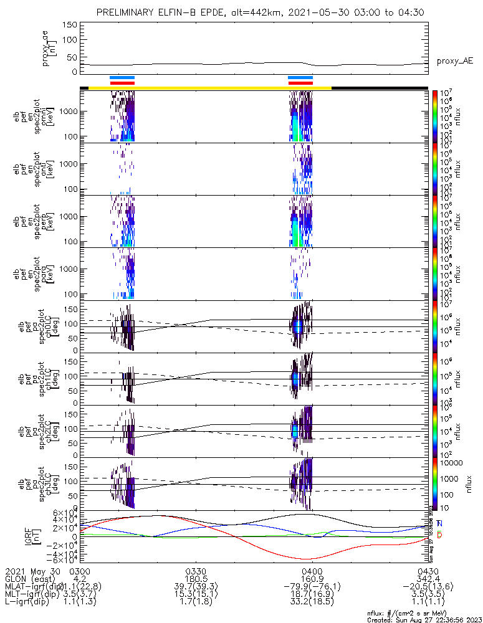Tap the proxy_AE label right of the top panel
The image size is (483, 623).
click(454, 60)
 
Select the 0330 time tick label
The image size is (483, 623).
click(196, 571)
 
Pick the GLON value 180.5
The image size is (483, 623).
click(196, 579)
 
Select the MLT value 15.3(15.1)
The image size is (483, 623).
click(196, 596)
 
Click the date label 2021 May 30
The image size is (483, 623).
click(31, 571)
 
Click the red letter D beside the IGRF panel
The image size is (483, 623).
click(439, 536)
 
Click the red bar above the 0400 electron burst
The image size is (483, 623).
click(300, 83)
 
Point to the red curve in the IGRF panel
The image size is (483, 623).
click(249, 540)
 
